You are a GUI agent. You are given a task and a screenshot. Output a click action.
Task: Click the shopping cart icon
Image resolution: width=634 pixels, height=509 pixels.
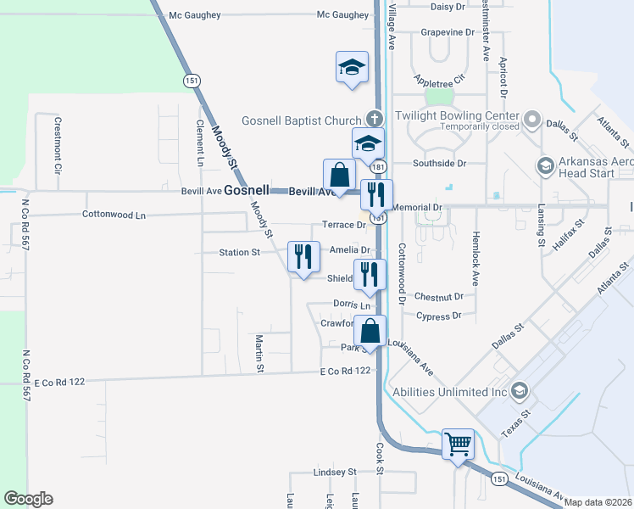point(458,444)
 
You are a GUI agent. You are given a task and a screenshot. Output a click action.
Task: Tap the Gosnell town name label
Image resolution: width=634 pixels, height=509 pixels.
point(247,191)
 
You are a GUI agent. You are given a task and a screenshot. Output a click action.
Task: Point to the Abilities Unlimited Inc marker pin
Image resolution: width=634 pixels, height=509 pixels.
point(520,391)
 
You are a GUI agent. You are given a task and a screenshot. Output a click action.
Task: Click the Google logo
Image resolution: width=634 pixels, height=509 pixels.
point(28,499)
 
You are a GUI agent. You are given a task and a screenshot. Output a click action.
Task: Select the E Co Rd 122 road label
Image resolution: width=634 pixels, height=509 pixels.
point(346,372)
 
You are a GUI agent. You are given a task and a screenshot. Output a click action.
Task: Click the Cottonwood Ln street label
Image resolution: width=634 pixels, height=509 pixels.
point(114,215)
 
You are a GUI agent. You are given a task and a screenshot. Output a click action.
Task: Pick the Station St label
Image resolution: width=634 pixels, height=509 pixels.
point(239,253)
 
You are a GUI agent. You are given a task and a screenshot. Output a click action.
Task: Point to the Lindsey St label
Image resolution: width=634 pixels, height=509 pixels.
point(335,472)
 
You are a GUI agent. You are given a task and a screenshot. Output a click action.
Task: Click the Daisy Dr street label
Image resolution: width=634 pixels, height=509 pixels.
point(448,6)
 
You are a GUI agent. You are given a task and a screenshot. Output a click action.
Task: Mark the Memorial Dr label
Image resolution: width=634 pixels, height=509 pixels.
point(419,207)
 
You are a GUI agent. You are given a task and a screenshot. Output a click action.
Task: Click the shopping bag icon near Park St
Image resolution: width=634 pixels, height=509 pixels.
point(370,330)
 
